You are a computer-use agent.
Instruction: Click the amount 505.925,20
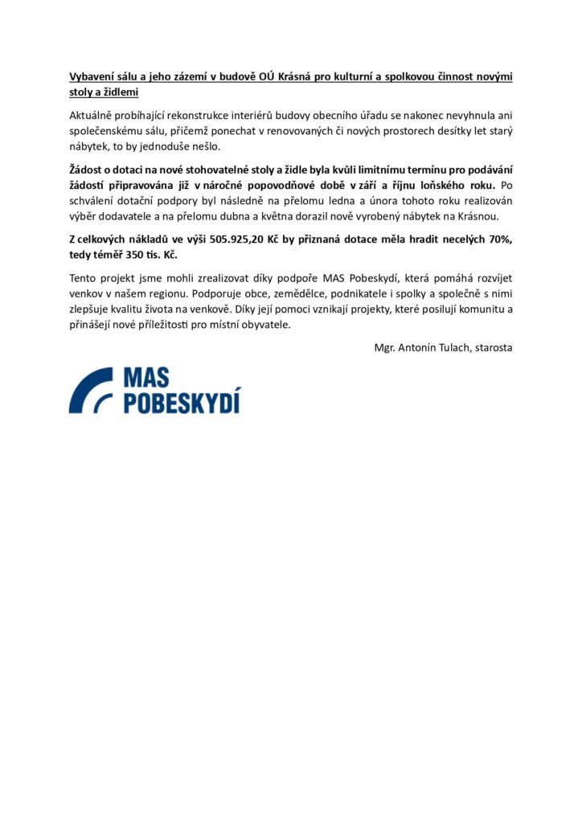point(241,239)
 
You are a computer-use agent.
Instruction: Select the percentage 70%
point(497,239)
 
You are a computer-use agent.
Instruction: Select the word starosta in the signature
point(494,347)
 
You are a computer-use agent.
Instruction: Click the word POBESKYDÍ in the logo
point(182,403)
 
